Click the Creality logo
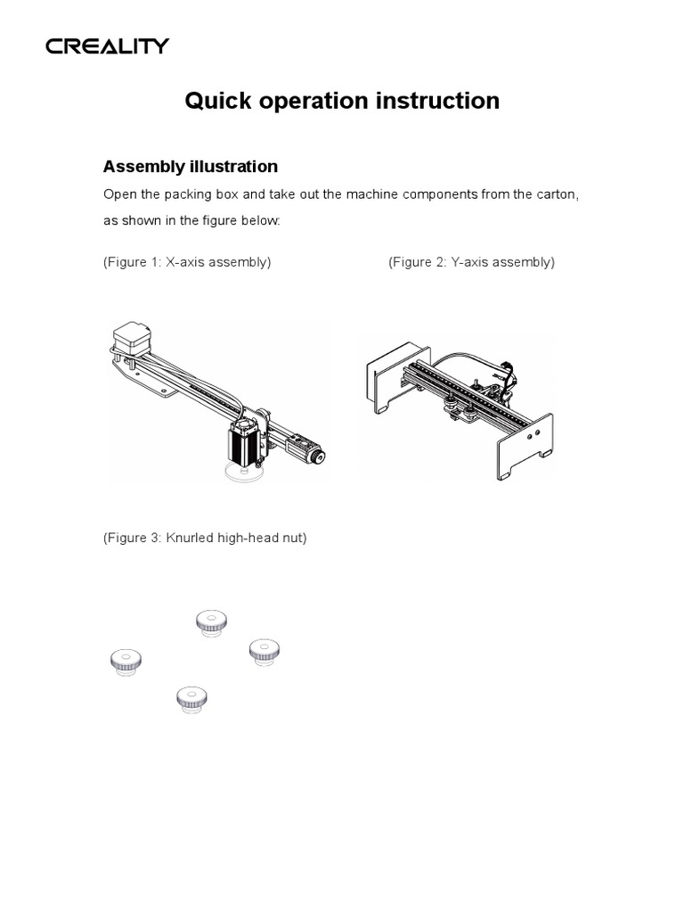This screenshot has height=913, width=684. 108,46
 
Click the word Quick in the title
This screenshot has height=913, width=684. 214,102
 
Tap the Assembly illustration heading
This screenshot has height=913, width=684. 191,167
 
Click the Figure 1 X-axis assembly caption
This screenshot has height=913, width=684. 187,262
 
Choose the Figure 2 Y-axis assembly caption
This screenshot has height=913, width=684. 471,262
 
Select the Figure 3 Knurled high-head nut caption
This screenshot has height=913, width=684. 205,539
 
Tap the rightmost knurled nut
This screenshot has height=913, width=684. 265,651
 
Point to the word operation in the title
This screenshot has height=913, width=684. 311,102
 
